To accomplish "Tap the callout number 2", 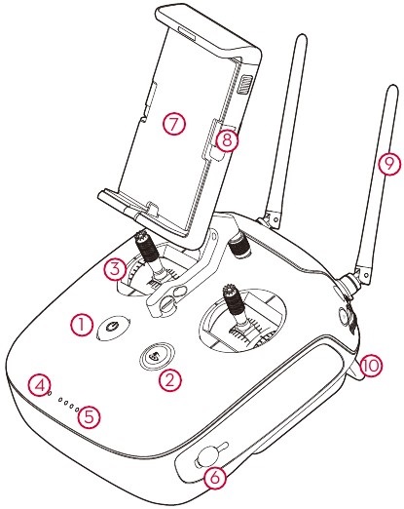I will tap(171, 380).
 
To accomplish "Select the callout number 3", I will tap(115, 266).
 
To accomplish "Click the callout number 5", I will tap(90, 415).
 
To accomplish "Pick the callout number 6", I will tap(216, 476).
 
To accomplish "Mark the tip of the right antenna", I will tap(389, 91).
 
